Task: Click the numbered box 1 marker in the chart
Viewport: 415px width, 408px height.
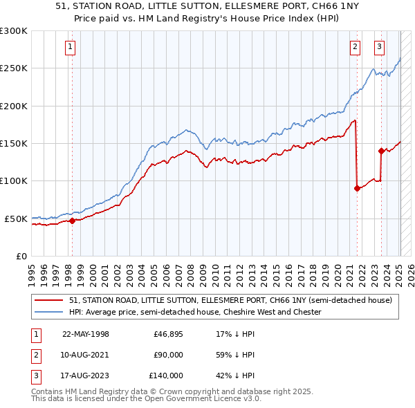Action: [71, 47]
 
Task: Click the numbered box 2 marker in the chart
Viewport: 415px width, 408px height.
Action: [355, 47]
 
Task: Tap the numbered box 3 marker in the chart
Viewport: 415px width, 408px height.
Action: [380, 47]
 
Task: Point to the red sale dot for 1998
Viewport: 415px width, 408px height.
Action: [72, 221]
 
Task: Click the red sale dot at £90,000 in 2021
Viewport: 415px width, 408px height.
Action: [357, 188]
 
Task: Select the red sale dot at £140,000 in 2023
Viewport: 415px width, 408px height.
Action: [381, 151]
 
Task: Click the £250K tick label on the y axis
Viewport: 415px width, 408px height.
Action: [14, 68]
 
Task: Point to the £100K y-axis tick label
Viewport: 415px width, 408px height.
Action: [14, 180]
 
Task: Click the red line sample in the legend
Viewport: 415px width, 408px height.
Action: [50, 300]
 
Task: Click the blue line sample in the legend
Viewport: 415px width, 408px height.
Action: [50, 313]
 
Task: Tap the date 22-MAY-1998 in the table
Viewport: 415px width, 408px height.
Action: [86, 334]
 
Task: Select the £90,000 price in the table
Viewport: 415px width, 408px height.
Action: [168, 355]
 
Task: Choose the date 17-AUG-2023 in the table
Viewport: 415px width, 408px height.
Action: [86, 375]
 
